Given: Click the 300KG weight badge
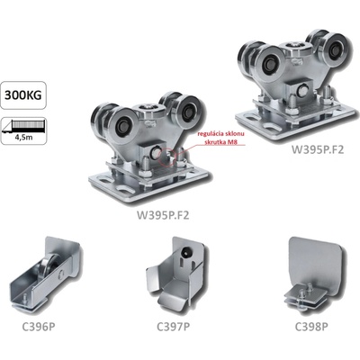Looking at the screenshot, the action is tap(23, 95).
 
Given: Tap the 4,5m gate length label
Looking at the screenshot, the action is tap(23, 138).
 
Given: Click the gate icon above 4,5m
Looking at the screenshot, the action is tap(23, 126).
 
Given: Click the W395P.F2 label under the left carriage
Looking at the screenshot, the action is tap(163, 215).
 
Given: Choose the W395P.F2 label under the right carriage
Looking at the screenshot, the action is tap(318, 149).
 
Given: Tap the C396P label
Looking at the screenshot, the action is tap(39, 327).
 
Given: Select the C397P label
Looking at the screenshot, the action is tap(174, 327).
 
